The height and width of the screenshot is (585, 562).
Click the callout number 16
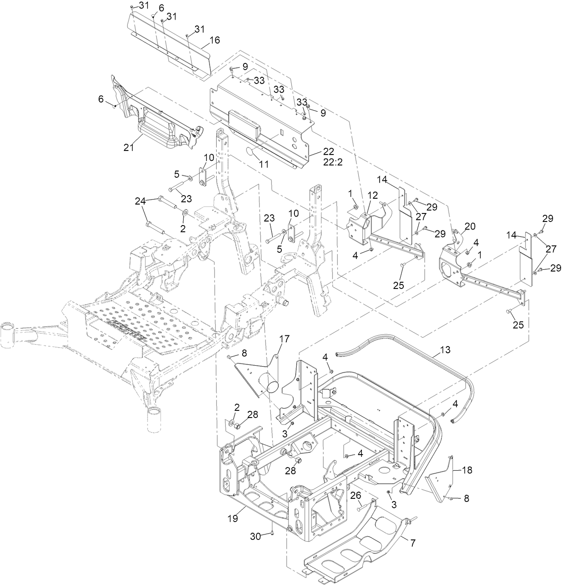(214, 40)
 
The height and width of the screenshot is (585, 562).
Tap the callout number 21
(129, 148)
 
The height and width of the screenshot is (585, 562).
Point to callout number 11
(264, 164)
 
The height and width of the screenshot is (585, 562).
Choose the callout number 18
(466, 470)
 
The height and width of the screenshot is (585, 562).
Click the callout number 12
(372, 195)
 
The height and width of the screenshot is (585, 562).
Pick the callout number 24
(141, 202)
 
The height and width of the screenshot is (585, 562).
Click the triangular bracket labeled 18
(440, 485)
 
